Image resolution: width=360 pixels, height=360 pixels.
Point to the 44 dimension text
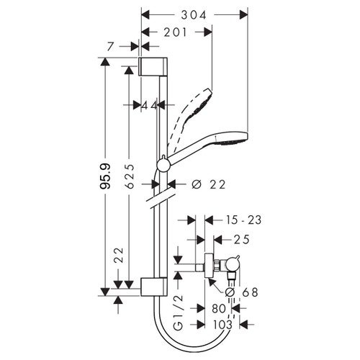(149, 105)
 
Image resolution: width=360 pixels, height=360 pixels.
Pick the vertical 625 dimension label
(127, 174)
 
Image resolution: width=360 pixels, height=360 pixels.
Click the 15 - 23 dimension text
(242, 217)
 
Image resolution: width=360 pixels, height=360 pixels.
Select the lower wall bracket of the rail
(153, 285)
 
